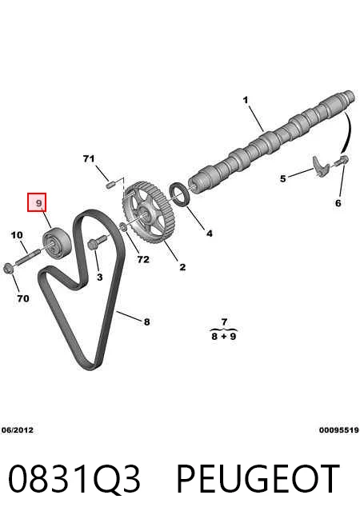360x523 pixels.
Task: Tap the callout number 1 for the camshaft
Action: point(246,100)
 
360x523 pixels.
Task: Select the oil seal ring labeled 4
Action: point(181,194)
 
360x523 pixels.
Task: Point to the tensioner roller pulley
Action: point(57,242)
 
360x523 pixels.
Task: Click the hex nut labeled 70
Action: point(8,268)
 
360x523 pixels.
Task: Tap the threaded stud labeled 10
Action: point(27,256)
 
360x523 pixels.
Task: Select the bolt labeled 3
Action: point(97,242)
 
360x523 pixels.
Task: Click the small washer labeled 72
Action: point(122,227)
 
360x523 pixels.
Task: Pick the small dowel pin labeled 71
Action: point(110,184)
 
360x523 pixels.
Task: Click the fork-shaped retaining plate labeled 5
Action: point(321,166)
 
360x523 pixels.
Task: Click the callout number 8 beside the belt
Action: point(147,321)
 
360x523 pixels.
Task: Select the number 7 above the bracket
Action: point(224,321)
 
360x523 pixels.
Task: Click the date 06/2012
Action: point(18,430)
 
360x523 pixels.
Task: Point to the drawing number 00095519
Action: point(339,430)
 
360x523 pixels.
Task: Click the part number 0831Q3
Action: point(74,479)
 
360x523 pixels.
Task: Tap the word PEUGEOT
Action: point(258,479)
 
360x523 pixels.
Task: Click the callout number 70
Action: point(23,298)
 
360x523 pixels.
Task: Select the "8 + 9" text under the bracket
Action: point(224,336)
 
